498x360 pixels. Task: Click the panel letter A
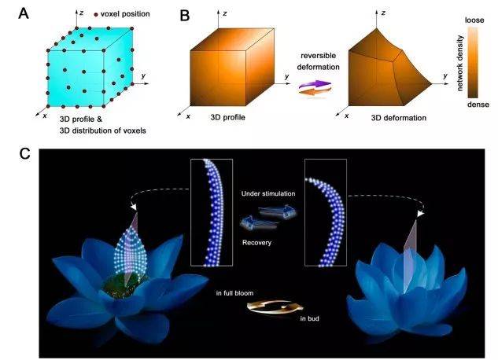24,14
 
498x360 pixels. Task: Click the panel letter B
185,16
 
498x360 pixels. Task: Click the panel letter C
24,154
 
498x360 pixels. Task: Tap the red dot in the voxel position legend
96,15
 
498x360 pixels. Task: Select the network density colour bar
473,62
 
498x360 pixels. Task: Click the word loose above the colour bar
474,20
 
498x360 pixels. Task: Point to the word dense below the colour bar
478,105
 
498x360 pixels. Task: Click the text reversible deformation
319,61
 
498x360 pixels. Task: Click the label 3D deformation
399,118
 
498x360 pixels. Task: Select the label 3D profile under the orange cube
227,117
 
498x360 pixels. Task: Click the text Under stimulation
268,193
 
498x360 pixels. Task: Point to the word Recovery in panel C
256,243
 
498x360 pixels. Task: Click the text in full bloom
234,293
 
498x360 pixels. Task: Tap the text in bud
309,318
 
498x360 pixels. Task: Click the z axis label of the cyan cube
82,13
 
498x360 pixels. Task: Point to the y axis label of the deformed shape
445,75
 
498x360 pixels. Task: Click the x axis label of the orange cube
188,116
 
